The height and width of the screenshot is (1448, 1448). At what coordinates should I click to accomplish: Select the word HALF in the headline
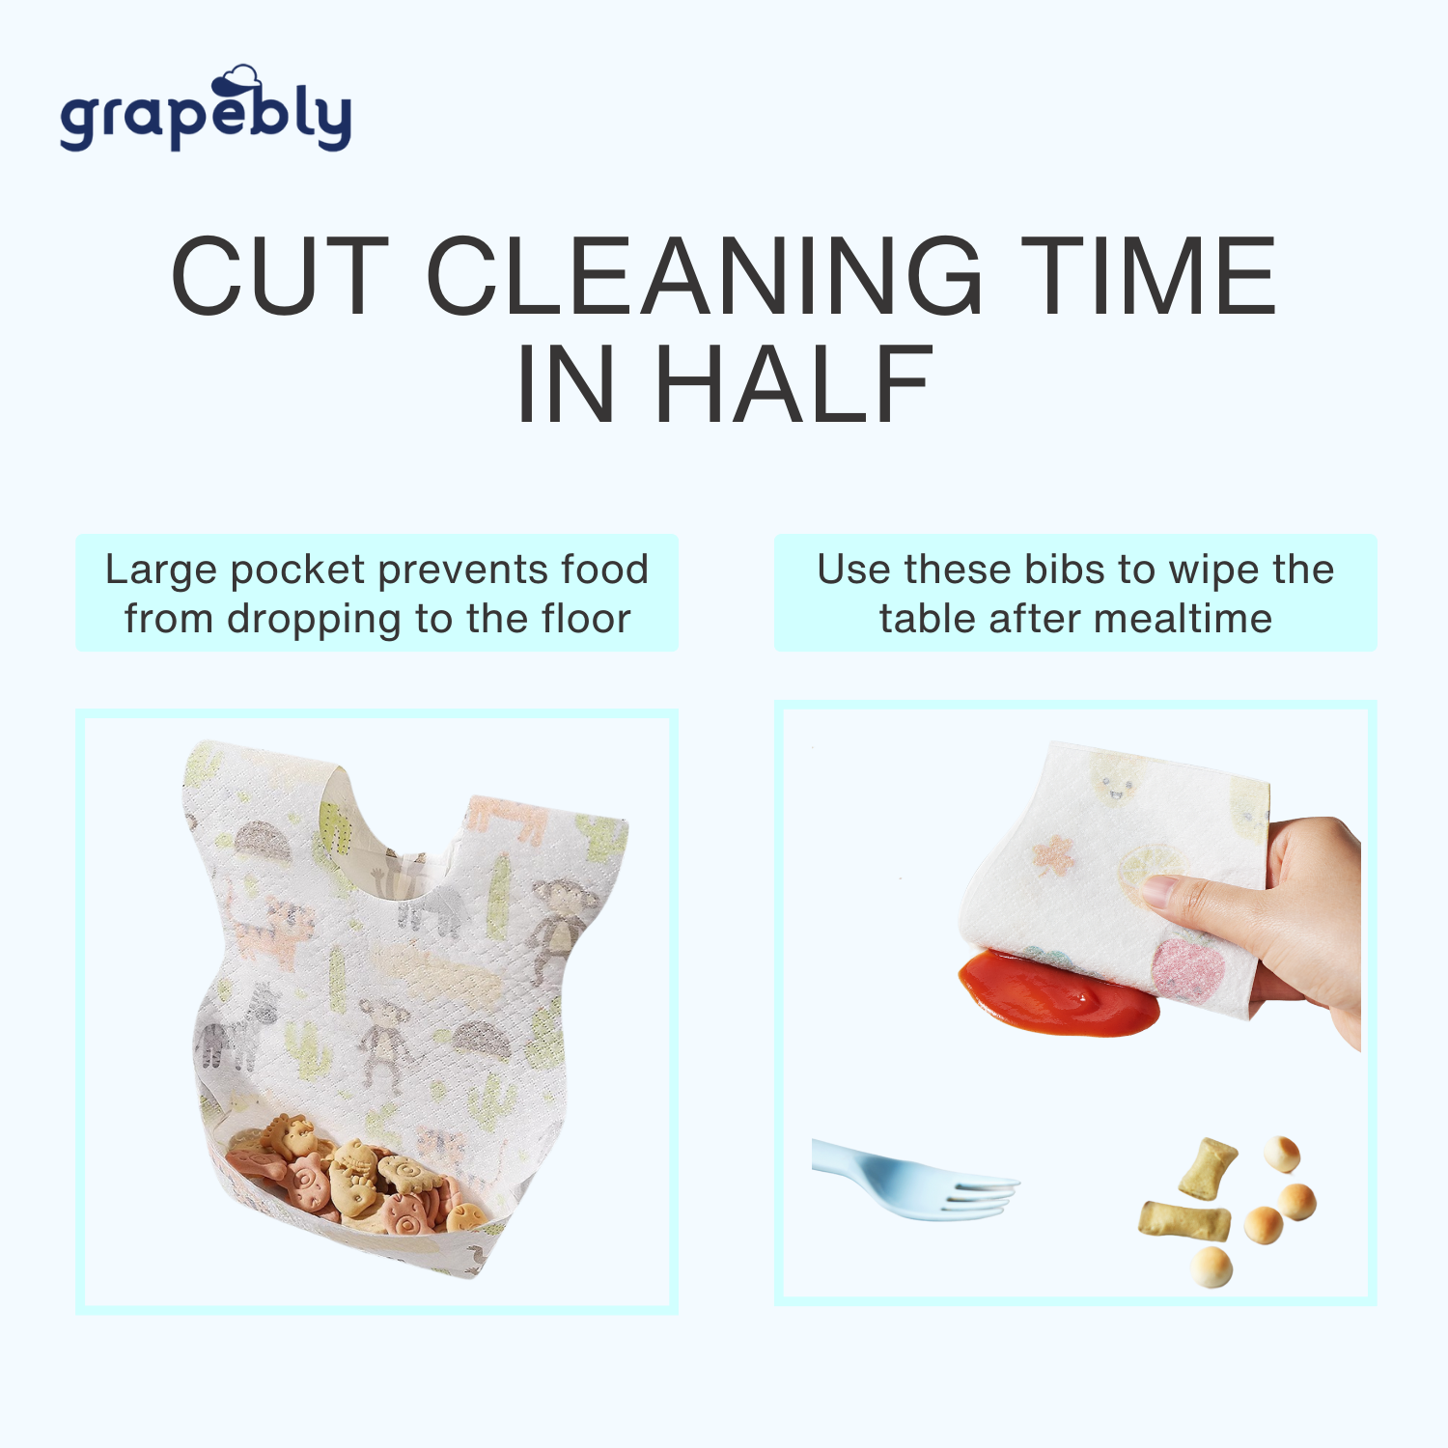coord(794,384)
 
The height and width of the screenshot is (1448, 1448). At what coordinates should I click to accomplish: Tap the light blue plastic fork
coord(914,1181)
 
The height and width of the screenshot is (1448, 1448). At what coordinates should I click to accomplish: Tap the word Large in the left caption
coord(161,571)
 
